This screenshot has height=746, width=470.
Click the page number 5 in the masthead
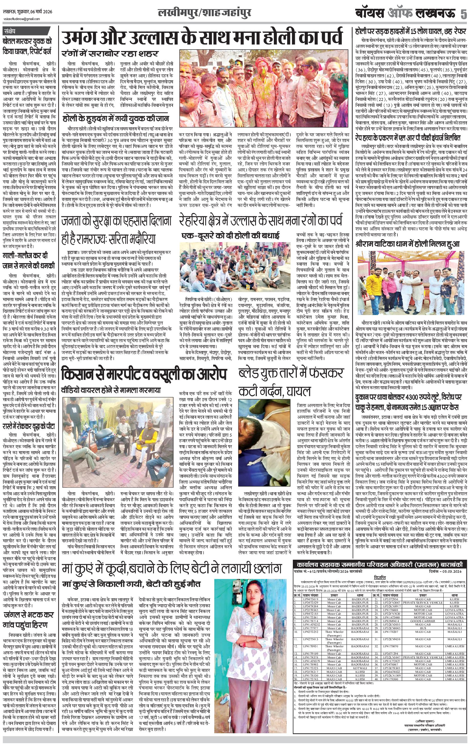pyautogui.click(x=463, y=14)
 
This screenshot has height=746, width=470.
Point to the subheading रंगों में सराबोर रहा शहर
pyautogui.click(x=110, y=54)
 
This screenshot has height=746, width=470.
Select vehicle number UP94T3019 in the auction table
pyautogui.click(x=311, y=599)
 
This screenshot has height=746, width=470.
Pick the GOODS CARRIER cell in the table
pyautogui.click(x=423, y=621)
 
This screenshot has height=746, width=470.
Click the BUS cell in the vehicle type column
pyautogui.click(x=423, y=628)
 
